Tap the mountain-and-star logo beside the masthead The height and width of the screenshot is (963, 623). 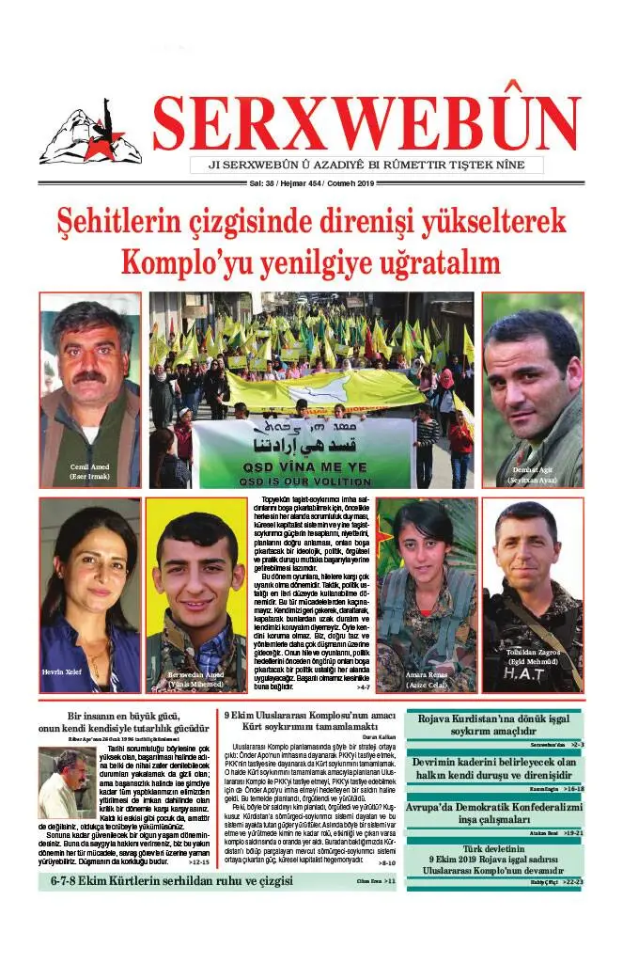pos(90,134)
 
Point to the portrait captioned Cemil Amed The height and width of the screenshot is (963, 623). pos(89,389)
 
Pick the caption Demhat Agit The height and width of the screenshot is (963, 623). pos(533,467)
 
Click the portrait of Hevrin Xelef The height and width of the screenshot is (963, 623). pos(89,594)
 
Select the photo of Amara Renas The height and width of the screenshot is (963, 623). pos(427,594)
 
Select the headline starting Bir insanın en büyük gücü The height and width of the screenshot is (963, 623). pos(123,720)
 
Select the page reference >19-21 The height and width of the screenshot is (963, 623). pos(573,832)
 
